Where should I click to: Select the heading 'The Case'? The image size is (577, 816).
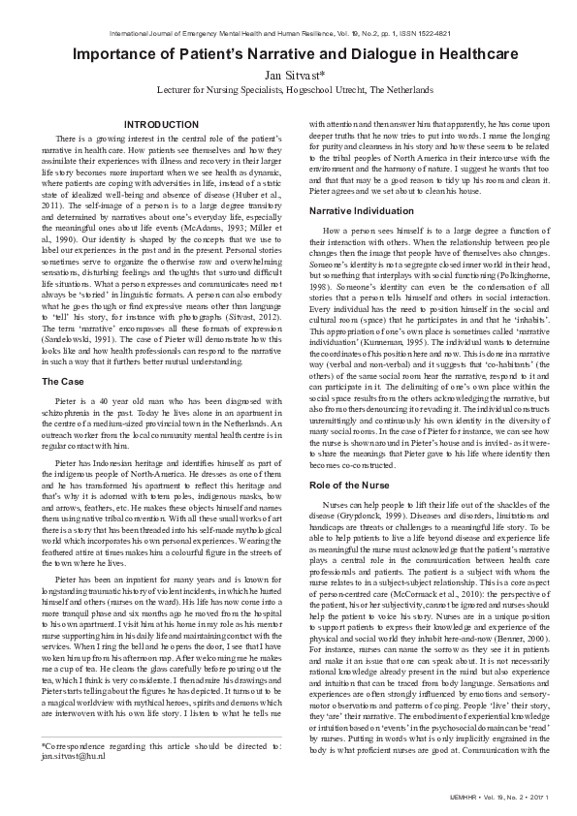click(63, 382)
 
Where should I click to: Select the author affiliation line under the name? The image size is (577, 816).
click(288, 89)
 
